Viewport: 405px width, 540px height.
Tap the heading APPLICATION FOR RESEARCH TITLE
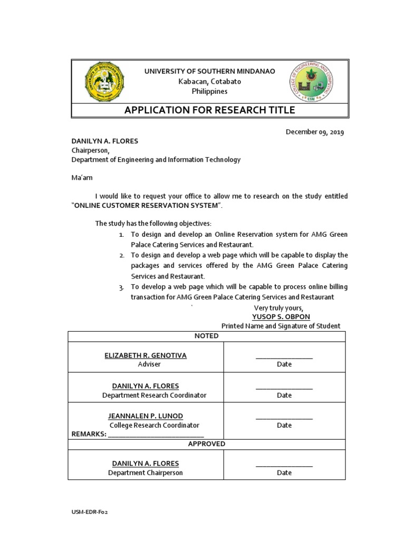209,110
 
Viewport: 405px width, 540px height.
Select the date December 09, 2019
315,132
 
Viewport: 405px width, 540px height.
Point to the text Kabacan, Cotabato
210,81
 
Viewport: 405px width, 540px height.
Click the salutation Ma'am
82,178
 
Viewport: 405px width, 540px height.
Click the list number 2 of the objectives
121,255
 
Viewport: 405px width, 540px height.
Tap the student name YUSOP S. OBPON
281,316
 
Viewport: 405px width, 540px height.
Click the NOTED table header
206,336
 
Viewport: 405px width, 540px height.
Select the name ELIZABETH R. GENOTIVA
146,355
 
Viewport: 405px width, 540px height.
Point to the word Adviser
146,364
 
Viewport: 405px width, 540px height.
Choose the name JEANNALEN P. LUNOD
146,416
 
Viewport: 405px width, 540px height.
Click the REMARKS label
89,434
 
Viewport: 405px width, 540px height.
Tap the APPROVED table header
206,444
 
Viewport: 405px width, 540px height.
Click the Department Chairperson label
146,472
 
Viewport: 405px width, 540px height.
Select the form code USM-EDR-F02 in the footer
90,512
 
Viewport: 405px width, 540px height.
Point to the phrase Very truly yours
278,307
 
